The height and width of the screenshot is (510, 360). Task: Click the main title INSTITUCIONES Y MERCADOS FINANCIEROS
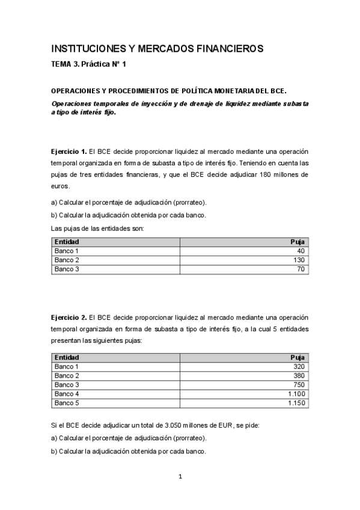pos(157,48)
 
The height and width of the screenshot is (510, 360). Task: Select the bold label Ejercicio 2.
pos(69,317)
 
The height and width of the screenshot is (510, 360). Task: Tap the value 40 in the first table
pos(301,251)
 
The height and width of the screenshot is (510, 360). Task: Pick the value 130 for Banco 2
pos(299,260)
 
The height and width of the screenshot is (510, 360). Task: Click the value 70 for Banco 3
pos(301,269)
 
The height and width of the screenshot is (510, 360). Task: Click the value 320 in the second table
pos(299,366)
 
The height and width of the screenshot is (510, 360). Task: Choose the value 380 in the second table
pos(299,375)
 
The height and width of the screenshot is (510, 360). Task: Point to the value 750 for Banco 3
pos(299,384)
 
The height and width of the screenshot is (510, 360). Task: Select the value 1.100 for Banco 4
pos(296,394)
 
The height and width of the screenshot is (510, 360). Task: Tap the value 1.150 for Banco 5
pos(296,403)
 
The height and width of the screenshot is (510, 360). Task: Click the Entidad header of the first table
pos(66,242)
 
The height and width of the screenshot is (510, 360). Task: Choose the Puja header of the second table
pos(297,357)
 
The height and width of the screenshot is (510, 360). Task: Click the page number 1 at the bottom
pos(180,477)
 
